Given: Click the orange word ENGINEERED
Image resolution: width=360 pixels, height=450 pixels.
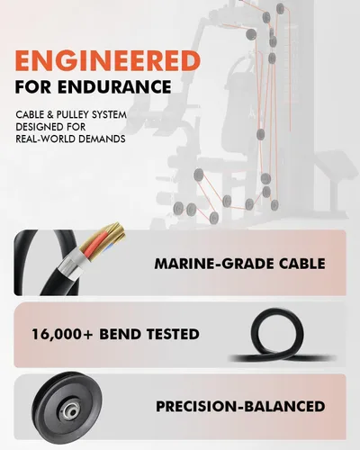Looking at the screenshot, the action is pyautogui.click(x=108, y=60).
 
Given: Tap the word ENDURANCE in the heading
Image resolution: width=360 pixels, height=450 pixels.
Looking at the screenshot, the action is pyautogui.click(x=114, y=86).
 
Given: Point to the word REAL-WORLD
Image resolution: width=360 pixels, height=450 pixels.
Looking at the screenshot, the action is pyautogui.click(x=45, y=139).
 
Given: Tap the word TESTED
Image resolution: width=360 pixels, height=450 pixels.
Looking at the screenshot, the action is pyautogui.click(x=173, y=334).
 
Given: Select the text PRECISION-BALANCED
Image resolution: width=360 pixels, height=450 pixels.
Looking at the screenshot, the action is pyautogui.click(x=240, y=406).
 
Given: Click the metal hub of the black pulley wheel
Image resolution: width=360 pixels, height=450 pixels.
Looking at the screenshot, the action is pyautogui.click(x=71, y=411).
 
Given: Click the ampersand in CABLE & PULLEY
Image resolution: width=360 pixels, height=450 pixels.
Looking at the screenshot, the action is pyautogui.click(x=49, y=114).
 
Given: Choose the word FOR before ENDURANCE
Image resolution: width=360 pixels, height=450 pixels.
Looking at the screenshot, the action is pyautogui.click(x=34, y=86).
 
